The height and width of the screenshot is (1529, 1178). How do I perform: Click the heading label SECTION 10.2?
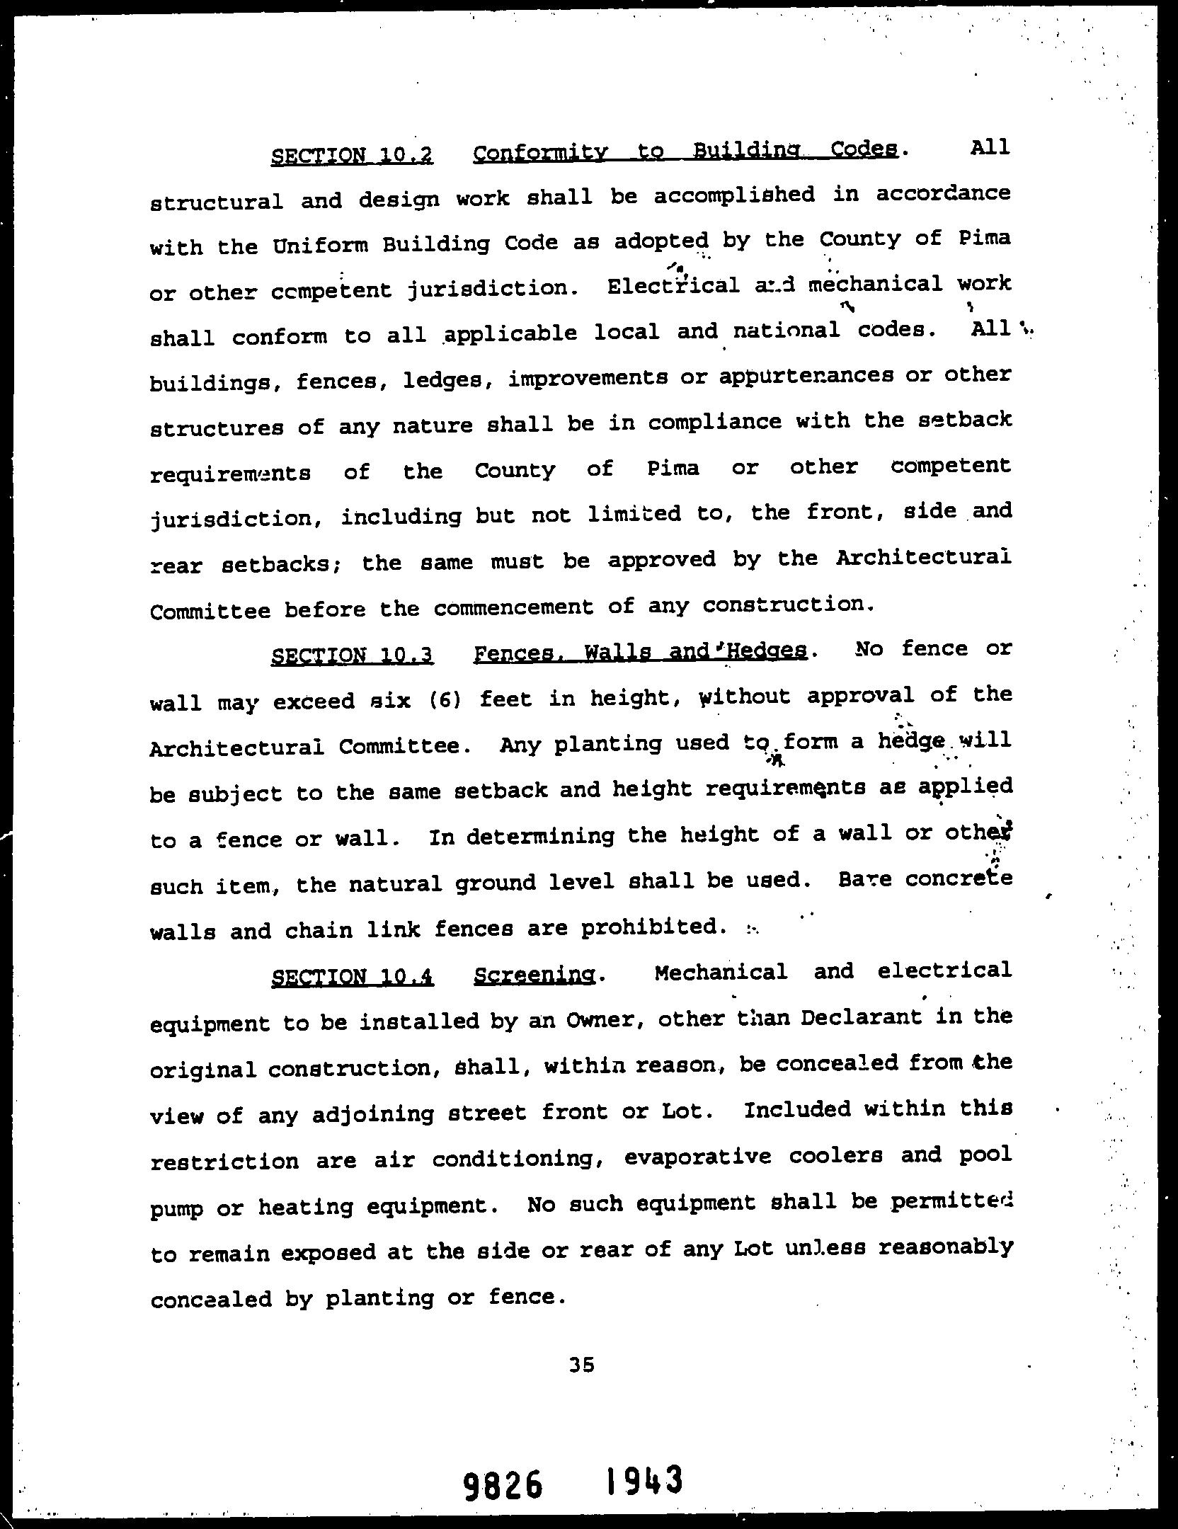[352, 155]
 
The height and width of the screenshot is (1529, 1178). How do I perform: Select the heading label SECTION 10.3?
[352, 655]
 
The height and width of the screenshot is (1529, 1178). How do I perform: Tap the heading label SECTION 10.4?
[352, 978]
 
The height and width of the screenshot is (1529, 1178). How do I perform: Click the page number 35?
[581, 1365]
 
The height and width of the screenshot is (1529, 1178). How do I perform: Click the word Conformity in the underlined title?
[540, 153]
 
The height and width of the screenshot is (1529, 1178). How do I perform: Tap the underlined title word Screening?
[534, 975]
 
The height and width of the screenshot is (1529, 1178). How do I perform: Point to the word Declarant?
[861, 1019]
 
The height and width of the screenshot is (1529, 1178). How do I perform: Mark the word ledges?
[442, 381]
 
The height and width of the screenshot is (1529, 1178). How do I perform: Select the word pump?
[176, 1208]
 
